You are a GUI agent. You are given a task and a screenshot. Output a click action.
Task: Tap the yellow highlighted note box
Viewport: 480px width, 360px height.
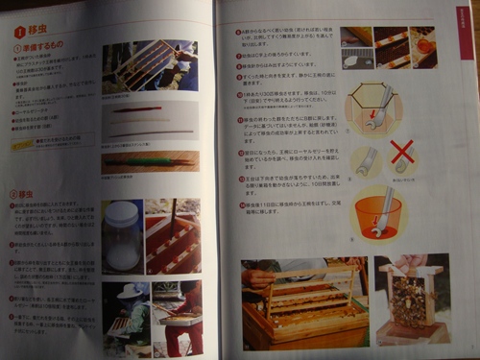click(x=50, y=143)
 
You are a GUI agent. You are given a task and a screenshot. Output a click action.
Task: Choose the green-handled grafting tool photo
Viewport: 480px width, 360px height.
click(x=150, y=160)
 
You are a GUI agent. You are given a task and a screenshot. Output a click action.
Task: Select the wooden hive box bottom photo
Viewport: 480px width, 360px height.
click(x=301, y=301)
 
